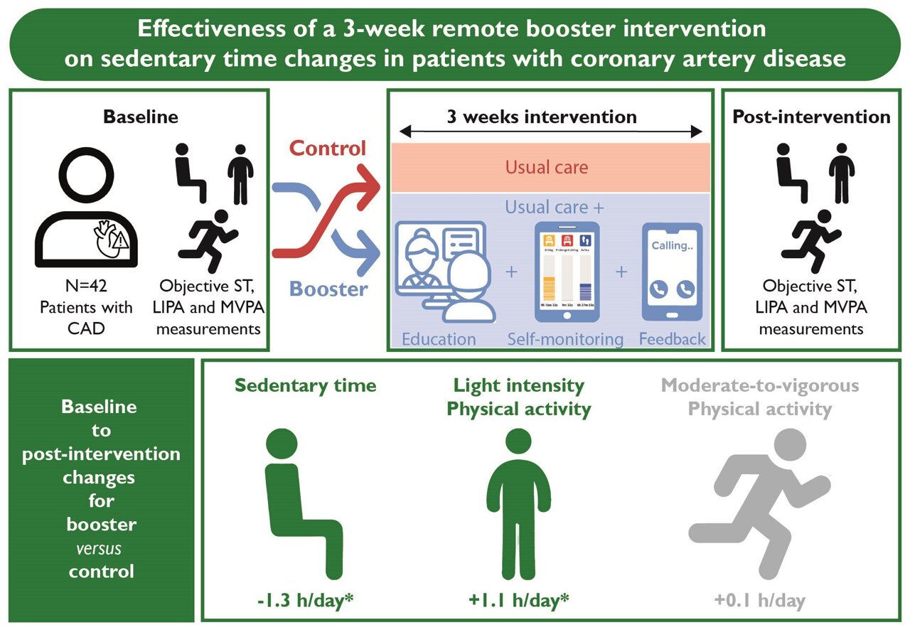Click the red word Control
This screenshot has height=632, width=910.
328,148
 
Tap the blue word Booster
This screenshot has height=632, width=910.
328,289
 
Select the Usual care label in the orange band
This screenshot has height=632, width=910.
547,168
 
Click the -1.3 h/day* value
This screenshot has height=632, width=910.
306,600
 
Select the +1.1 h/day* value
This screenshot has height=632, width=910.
519,600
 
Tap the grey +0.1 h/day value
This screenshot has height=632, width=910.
760,600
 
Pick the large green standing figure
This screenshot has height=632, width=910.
518,498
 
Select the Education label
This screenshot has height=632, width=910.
439,339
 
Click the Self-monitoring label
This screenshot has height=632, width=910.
565,339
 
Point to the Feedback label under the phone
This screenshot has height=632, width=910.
673,339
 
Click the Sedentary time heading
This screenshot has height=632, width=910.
306,386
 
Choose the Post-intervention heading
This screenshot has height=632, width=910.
811,117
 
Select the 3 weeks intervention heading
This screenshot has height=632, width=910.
542,117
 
